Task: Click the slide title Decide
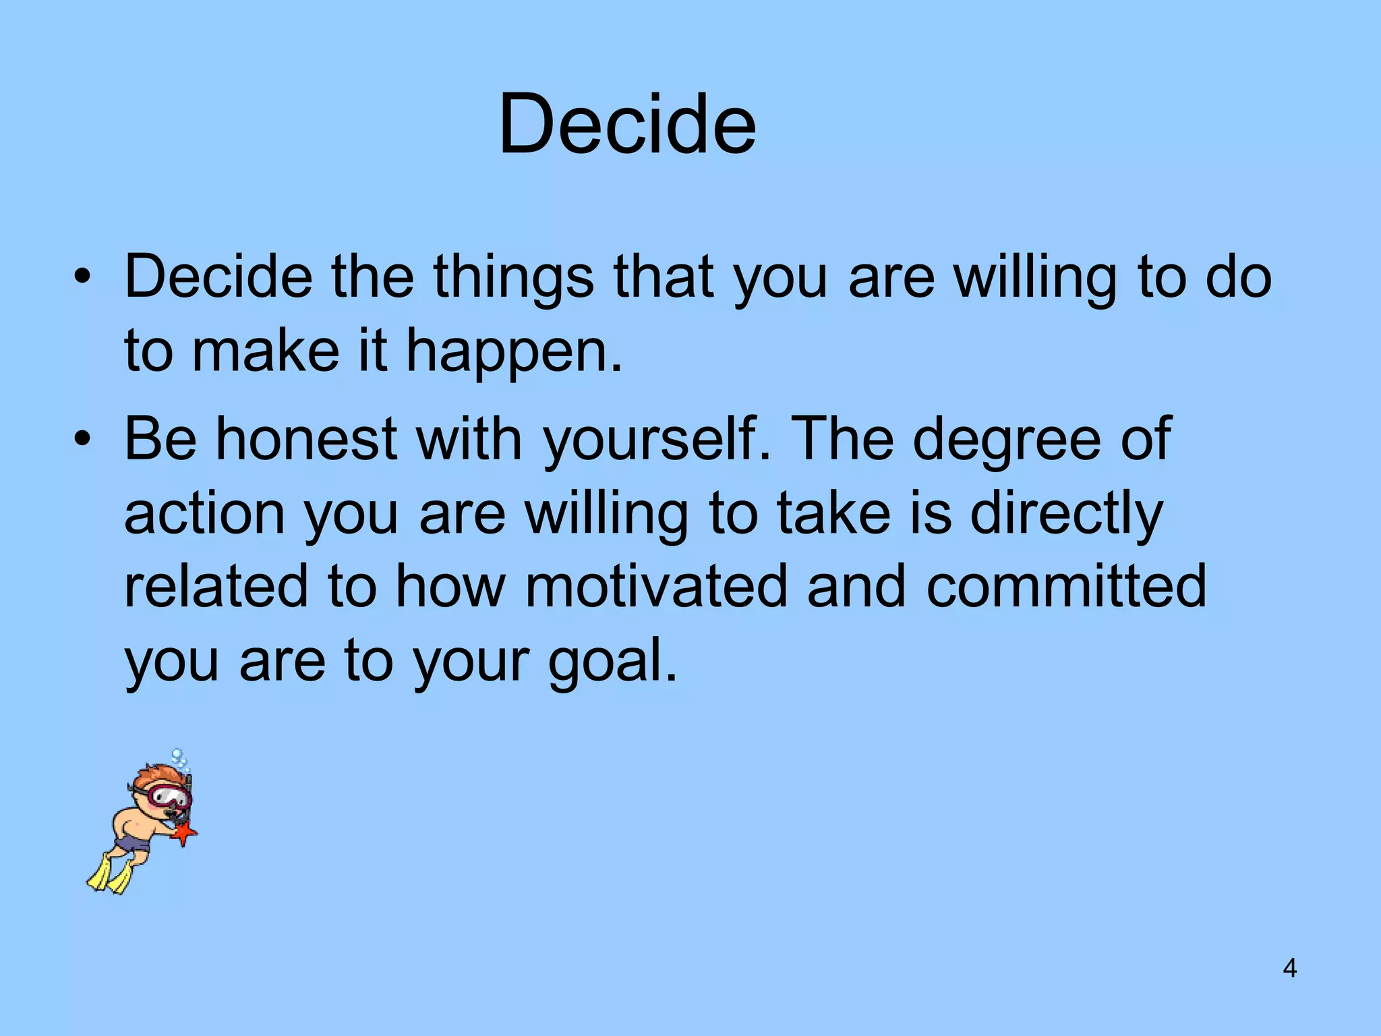point(627,125)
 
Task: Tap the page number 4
point(1289,969)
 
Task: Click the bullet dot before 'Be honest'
point(82,440)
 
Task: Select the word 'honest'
point(306,439)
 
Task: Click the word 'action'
point(204,514)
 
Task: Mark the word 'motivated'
point(656,587)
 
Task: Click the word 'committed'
point(1066,587)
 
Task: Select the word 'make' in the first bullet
point(266,352)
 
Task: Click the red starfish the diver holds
point(183,834)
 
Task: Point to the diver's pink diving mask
point(169,795)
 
